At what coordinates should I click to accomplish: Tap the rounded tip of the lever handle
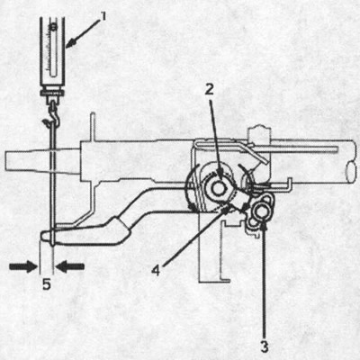[49, 238]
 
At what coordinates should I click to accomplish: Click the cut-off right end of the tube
[350, 162]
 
